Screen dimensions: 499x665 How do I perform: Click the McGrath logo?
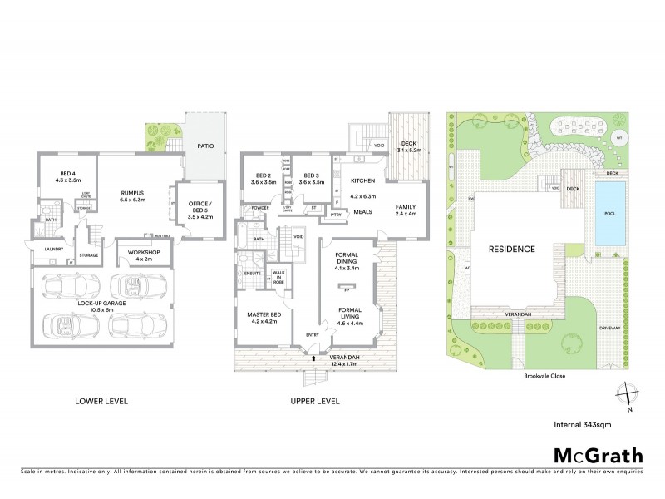[x=598, y=455]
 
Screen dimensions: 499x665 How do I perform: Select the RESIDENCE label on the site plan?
[x=510, y=249]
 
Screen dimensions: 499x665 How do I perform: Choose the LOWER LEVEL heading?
[x=101, y=401]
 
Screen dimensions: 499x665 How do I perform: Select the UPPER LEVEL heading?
[x=314, y=401]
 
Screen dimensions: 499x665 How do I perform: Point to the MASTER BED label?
[x=265, y=315]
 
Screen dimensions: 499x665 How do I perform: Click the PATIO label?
[x=204, y=146]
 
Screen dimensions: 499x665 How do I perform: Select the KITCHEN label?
[x=364, y=180]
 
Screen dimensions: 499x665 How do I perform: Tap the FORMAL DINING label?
[x=346, y=259]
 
